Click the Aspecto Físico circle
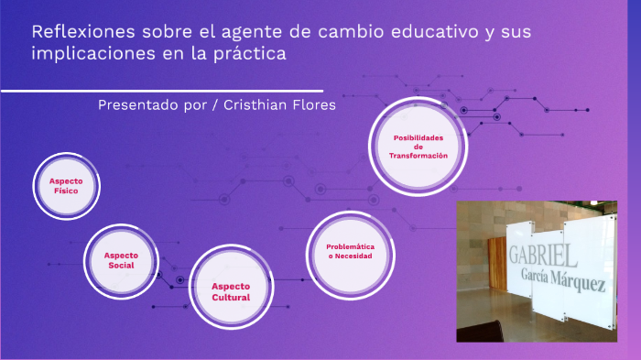66,186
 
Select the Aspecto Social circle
121,259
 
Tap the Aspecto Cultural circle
231,291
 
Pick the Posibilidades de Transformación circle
418,147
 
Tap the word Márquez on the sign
577,280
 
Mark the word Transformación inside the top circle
418,156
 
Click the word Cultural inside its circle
231,298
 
